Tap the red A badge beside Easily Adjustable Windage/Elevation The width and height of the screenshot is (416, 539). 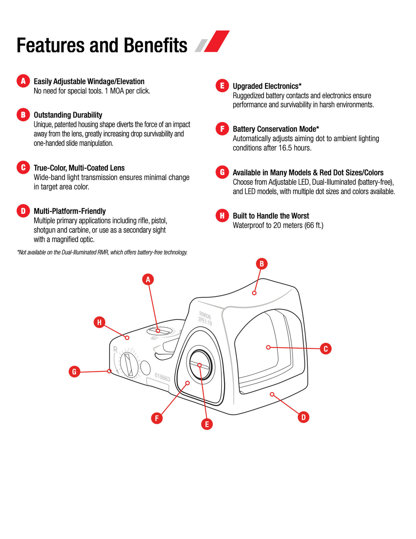click(23, 81)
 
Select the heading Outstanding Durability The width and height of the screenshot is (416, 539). click(68, 115)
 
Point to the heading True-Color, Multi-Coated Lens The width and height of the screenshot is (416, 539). click(79, 168)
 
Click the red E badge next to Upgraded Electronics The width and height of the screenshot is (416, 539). click(222, 85)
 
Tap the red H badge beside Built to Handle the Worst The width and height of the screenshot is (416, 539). click(222, 215)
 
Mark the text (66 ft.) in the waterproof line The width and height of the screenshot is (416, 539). click(314, 225)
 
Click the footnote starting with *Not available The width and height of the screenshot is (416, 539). click(102, 252)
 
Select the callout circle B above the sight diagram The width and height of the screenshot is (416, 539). click(261, 264)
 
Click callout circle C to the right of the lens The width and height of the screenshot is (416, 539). click(326, 349)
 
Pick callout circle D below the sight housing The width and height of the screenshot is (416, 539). click(303, 417)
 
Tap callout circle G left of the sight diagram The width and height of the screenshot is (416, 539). click(74, 371)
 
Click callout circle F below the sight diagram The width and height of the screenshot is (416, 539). click(157, 418)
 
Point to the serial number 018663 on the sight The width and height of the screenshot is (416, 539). click(162, 377)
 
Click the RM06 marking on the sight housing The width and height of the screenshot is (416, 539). click(205, 315)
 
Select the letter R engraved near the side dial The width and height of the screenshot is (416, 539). click(115, 349)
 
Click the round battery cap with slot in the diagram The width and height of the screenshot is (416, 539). click(200, 365)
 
